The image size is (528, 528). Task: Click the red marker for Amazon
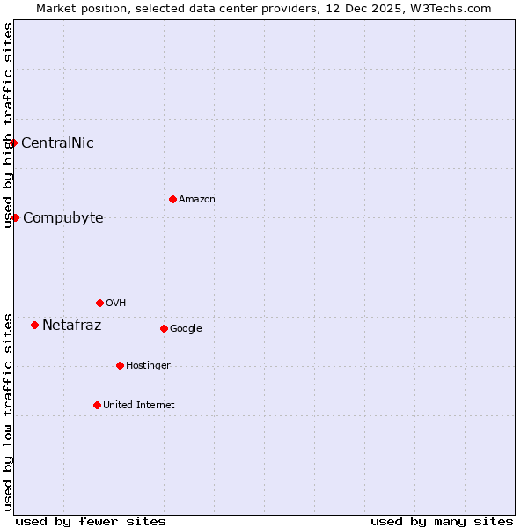[172, 199]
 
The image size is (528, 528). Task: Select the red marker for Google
[164, 328]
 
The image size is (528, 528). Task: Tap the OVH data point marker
[99, 303]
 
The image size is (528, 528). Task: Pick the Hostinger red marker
[120, 365]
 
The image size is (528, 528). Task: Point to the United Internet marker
[97, 405]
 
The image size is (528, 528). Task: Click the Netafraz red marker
[34, 325]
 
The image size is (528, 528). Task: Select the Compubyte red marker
[15, 217]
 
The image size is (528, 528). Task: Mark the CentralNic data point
[13, 143]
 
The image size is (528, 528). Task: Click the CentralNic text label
[57, 143]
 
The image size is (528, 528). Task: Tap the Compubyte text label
[62, 218]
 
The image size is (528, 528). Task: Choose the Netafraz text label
[71, 326]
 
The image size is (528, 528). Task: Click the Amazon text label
[197, 200]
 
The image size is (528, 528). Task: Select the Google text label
[186, 329]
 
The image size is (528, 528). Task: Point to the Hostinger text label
[148, 366]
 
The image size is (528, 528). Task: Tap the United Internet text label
[138, 406]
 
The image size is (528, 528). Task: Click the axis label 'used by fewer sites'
[91, 521]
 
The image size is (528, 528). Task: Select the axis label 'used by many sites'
[442, 521]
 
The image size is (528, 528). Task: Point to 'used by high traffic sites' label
[8, 125]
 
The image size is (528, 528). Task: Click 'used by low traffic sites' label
[8, 412]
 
